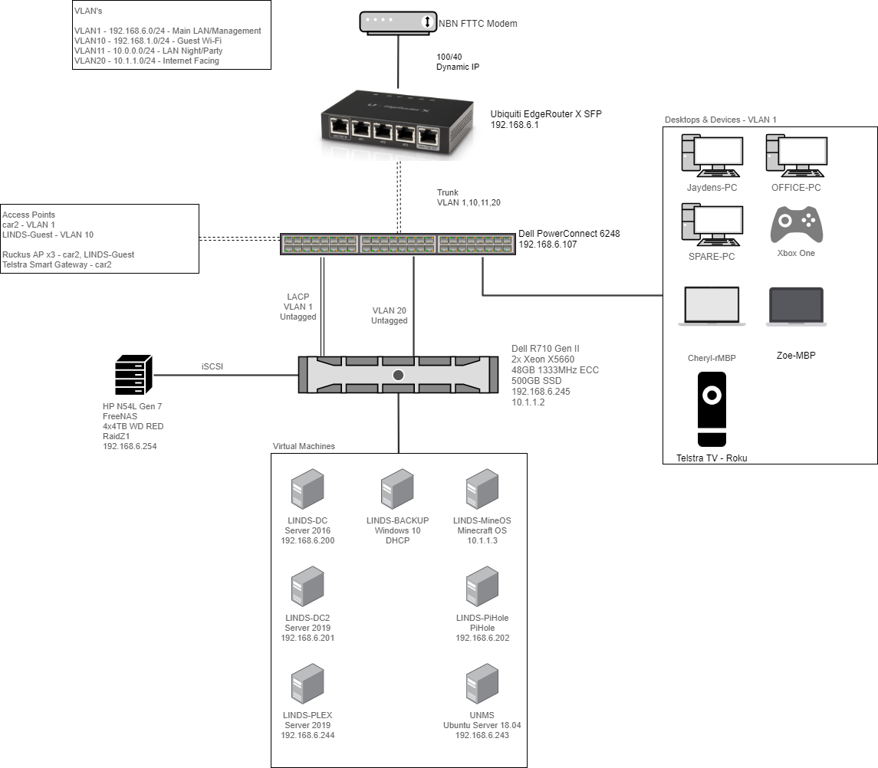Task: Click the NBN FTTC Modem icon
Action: coord(398,23)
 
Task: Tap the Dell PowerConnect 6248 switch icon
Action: coord(397,244)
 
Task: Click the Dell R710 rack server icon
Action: coord(398,375)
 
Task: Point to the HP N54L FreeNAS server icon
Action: coord(133,375)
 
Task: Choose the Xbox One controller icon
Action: coord(796,225)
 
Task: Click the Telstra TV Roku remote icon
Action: coord(712,409)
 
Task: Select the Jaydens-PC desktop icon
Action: coord(712,156)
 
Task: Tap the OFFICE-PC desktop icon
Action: coord(796,156)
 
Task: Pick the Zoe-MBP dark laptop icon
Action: coord(796,307)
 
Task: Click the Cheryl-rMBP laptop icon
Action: coord(712,306)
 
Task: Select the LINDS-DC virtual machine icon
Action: coord(307,489)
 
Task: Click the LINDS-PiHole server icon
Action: coord(482,586)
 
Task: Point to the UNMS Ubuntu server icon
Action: coord(482,684)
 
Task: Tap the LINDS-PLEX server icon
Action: coord(307,684)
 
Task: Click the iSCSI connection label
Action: coord(212,366)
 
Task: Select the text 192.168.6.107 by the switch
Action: coord(548,244)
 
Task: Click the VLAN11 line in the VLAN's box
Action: coord(149,51)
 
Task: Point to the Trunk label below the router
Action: coord(448,192)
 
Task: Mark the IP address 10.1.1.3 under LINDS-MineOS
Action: coord(482,540)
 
